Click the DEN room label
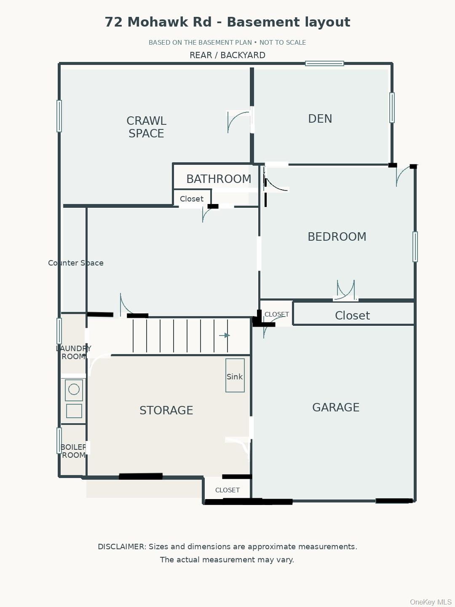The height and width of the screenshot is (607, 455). click(320, 118)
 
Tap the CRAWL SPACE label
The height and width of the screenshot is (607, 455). click(146, 127)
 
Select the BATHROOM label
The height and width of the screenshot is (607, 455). click(219, 179)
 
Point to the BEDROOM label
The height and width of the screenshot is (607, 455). click(337, 237)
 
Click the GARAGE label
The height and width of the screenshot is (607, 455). click(336, 407)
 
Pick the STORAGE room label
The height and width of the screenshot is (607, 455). click(166, 411)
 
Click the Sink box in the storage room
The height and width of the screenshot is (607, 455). click(235, 375)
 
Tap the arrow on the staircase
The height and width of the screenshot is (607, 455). click(224, 336)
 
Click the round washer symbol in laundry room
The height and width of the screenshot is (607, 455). click(74, 389)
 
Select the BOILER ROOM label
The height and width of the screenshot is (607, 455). click(73, 451)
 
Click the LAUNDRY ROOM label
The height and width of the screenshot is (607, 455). click(73, 352)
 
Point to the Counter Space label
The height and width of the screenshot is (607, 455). click(76, 263)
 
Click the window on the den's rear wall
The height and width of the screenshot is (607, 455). click(324, 63)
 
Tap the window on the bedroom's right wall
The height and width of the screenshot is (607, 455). click(415, 247)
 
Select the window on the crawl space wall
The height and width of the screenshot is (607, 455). click(59, 116)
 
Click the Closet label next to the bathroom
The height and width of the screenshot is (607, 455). click(191, 199)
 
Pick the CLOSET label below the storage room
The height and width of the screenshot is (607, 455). click(227, 490)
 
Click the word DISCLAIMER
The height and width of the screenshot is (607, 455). click(122, 547)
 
